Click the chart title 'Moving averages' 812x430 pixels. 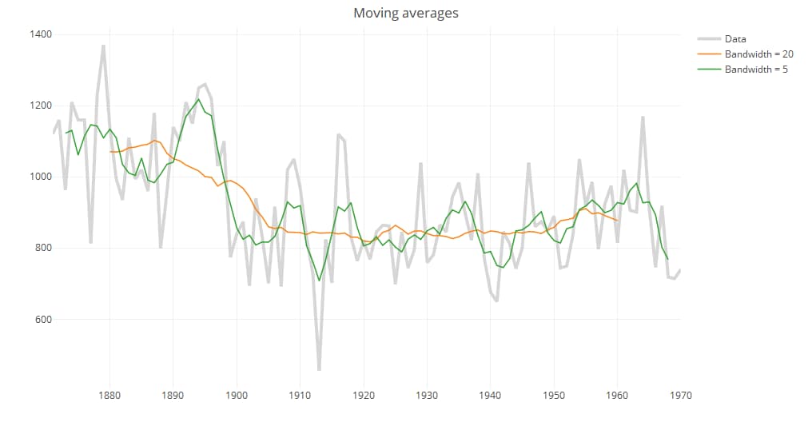(x=406, y=14)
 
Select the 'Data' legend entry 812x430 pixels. (x=734, y=38)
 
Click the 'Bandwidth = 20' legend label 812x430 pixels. (x=758, y=54)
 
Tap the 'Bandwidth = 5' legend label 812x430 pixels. (x=755, y=70)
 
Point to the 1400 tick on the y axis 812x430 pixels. (x=41, y=34)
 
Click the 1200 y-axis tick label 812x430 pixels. (x=41, y=106)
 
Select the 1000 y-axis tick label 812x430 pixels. (x=41, y=177)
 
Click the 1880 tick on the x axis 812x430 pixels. (x=109, y=395)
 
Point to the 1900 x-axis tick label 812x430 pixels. (x=237, y=395)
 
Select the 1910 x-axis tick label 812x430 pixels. (x=300, y=395)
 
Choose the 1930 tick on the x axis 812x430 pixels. (x=427, y=395)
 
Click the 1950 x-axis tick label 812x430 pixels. (x=554, y=395)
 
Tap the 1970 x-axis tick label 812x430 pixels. (x=680, y=395)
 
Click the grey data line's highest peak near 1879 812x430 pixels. (x=103, y=46)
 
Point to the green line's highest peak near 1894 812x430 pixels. (x=198, y=99)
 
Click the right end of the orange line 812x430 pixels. (x=617, y=220)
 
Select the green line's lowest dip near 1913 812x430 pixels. (x=319, y=281)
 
